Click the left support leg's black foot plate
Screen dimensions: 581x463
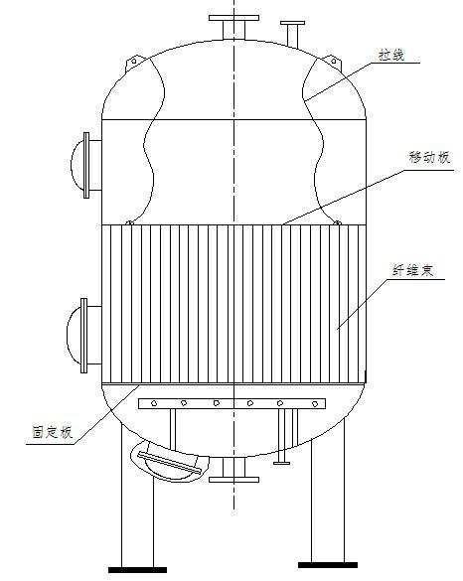pyautogui.click(x=136, y=570)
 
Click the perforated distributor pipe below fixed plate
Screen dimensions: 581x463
pyautogui.click(x=234, y=403)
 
